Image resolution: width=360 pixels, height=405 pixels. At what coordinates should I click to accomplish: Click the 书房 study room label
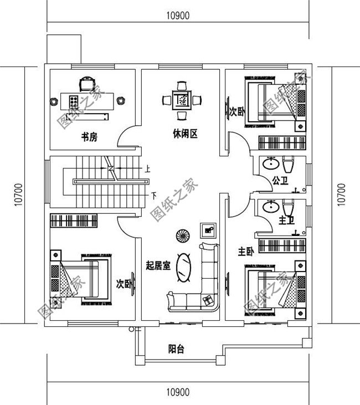[89, 137]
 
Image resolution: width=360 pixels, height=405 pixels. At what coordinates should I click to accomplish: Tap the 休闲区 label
[185, 134]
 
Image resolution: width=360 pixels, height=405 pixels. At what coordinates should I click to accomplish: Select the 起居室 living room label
[158, 266]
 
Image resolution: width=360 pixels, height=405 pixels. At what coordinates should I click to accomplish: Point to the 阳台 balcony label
[176, 349]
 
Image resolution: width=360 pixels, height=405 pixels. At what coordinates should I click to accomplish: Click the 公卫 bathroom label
[280, 181]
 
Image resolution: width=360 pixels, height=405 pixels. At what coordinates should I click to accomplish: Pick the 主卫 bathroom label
[286, 221]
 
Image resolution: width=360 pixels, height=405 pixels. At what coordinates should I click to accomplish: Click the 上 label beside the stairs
[147, 169]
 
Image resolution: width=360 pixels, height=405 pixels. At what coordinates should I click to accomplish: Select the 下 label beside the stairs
[154, 196]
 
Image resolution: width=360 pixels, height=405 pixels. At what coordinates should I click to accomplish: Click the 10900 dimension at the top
[177, 16]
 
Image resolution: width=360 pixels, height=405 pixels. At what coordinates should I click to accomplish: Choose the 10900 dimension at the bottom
[177, 392]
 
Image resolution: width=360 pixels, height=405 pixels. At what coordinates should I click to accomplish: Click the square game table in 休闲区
[181, 100]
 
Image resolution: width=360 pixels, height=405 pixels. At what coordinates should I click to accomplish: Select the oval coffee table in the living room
[183, 268]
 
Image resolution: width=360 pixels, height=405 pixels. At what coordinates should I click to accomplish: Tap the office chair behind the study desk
[86, 84]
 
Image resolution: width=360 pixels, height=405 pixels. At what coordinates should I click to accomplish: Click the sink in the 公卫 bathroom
[271, 164]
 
